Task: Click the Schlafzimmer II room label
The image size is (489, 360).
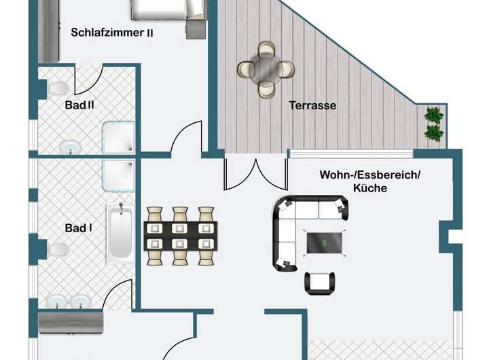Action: pyautogui.click(x=111, y=31)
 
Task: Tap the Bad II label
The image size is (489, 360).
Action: pyautogui.click(x=80, y=105)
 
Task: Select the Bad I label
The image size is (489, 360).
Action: pyautogui.click(x=79, y=228)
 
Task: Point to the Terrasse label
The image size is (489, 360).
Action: pyautogui.click(x=312, y=105)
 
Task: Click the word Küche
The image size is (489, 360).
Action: pyautogui.click(x=370, y=187)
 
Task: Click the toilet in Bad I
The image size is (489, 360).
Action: pyautogui.click(x=59, y=251)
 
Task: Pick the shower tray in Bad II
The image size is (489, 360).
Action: pyautogui.click(x=118, y=137)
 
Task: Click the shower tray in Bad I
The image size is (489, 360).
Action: pyautogui.click(x=118, y=175)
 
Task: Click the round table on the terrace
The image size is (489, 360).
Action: pyautogui.click(x=266, y=68)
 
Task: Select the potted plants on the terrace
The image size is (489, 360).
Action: pyautogui.click(x=433, y=123)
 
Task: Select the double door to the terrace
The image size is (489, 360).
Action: pyautogui.click(x=255, y=174)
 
